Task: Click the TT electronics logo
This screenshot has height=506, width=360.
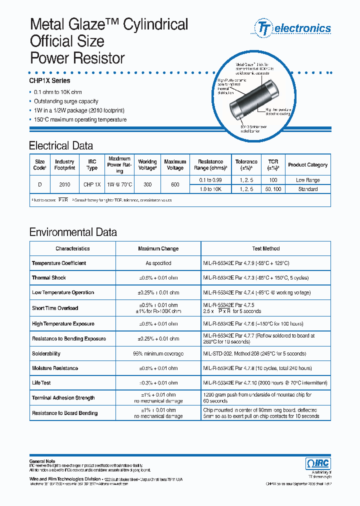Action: coord(293,28)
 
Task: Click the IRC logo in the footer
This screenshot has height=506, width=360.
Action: coord(317,463)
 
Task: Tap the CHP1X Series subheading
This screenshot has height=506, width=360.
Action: coord(50,80)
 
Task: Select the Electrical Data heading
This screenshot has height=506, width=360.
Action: coord(61,146)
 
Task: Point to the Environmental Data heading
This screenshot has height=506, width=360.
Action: coord(73,232)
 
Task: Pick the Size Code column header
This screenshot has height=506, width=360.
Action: coord(40,165)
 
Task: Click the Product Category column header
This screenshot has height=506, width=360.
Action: coord(307,165)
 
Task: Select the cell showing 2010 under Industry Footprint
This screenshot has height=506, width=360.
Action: coord(64,184)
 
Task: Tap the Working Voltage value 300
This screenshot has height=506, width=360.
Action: coord(147,184)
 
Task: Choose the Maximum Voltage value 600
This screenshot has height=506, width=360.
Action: coord(175,184)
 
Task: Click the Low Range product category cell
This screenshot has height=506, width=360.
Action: coord(307,180)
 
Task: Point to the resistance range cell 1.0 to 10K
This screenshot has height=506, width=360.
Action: coord(210,189)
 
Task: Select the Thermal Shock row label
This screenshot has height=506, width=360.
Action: coord(49,278)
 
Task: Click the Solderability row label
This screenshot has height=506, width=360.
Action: coord(46,353)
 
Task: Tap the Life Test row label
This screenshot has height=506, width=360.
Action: coord(41,383)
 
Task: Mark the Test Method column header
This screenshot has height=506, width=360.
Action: coord(265,248)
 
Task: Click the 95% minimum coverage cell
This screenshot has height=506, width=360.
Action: coord(158,353)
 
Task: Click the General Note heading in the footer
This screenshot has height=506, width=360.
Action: coord(42,461)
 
